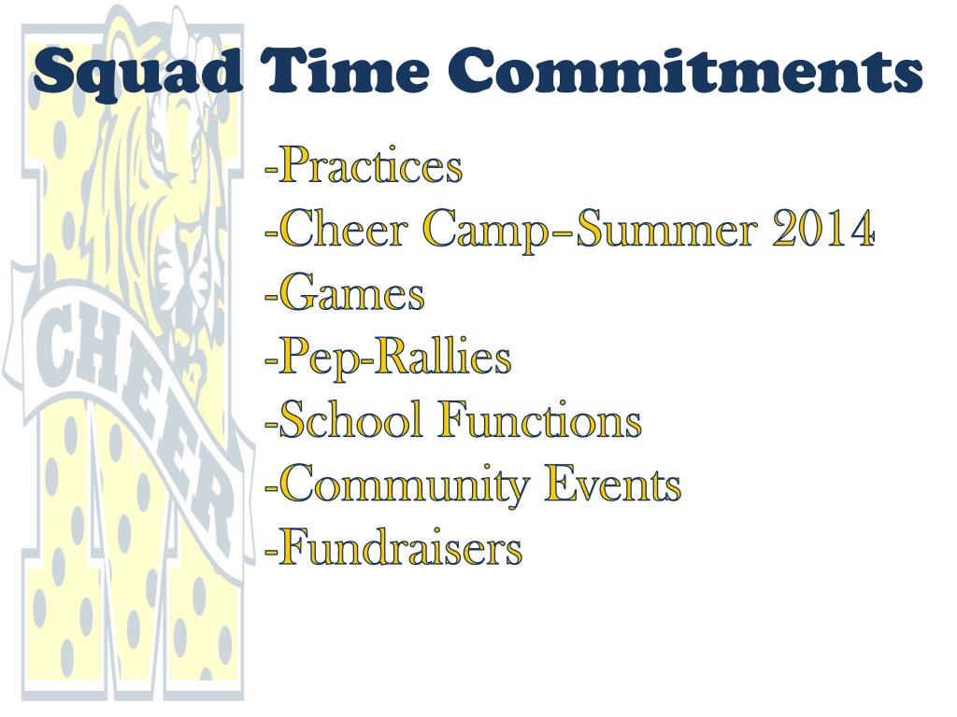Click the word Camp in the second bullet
[482, 231]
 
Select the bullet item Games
[351, 294]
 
